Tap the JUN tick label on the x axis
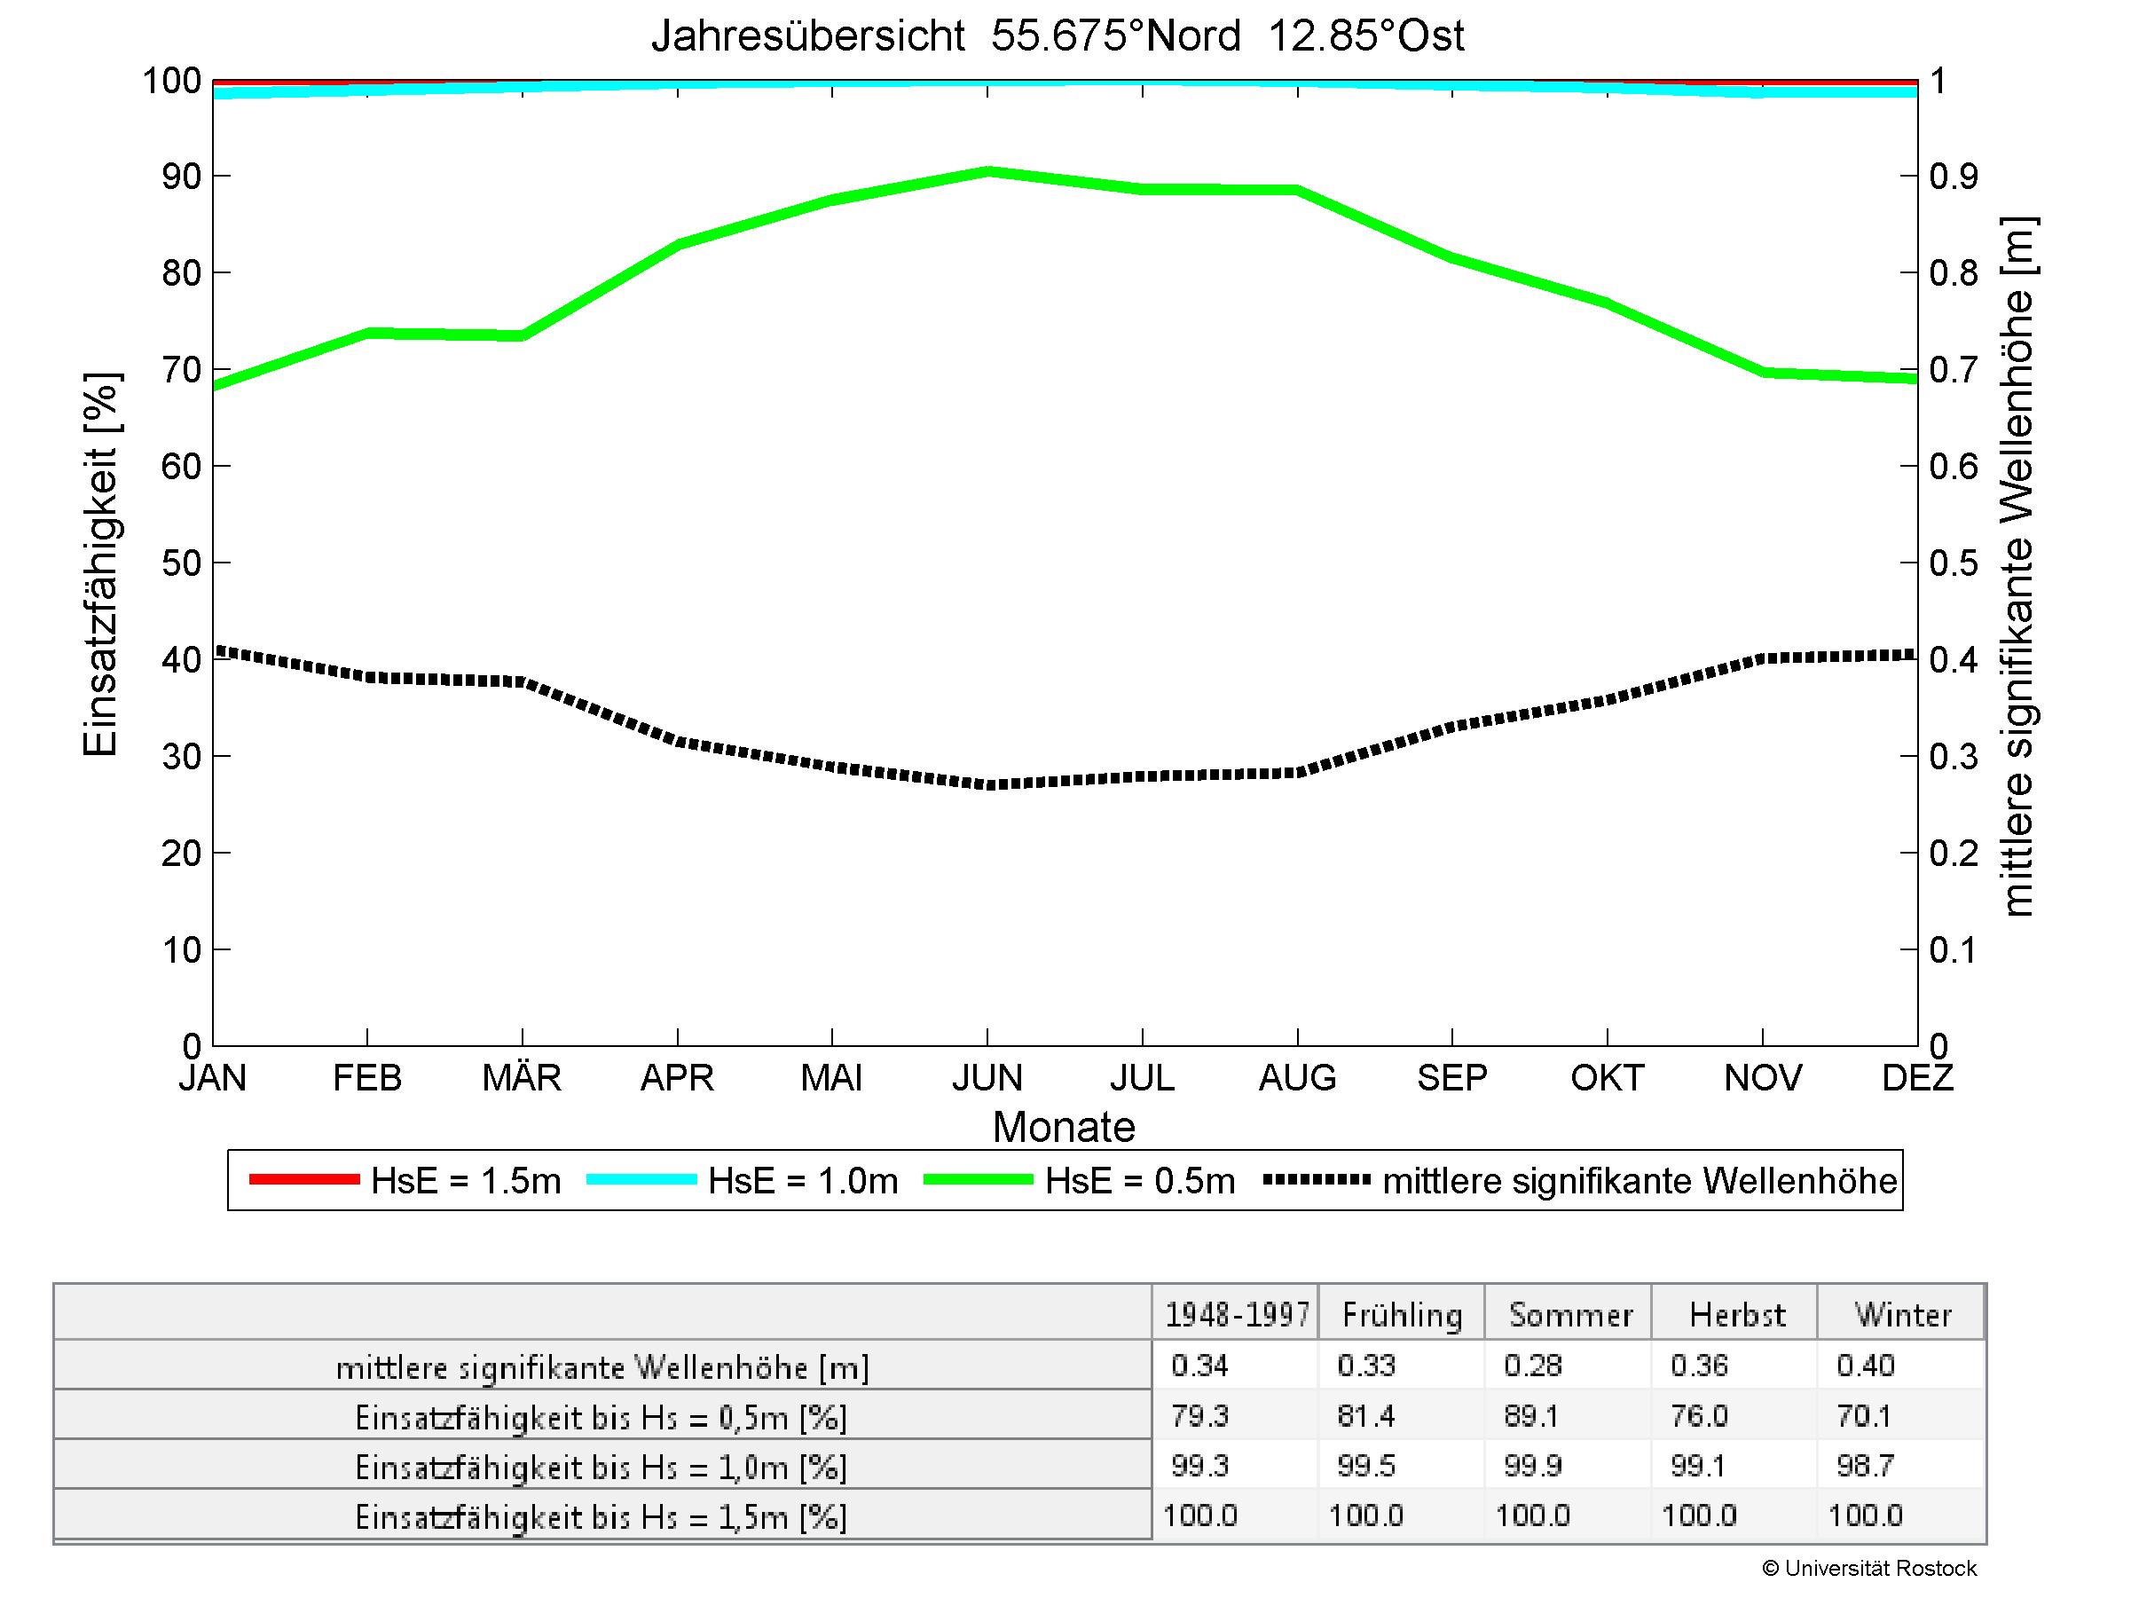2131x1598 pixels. (x=987, y=1077)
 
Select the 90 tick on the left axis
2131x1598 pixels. (x=181, y=177)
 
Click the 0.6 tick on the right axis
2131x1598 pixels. (x=1954, y=466)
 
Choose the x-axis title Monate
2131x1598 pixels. (x=1064, y=1127)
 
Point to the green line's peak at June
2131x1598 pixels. (x=987, y=171)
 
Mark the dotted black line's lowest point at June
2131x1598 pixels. (x=987, y=784)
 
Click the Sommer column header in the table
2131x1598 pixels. (x=1569, y=1315)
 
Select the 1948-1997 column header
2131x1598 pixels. (x=1237, y=1315)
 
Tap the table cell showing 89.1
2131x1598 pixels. (x=1532, y=1416)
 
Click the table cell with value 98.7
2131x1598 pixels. (x=1865, y=1466)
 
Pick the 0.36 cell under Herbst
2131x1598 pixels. (x=1700, y=1365)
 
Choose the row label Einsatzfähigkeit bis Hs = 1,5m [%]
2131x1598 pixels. (x=602, y=1517)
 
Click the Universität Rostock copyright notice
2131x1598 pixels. (x=1868, y=1569)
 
